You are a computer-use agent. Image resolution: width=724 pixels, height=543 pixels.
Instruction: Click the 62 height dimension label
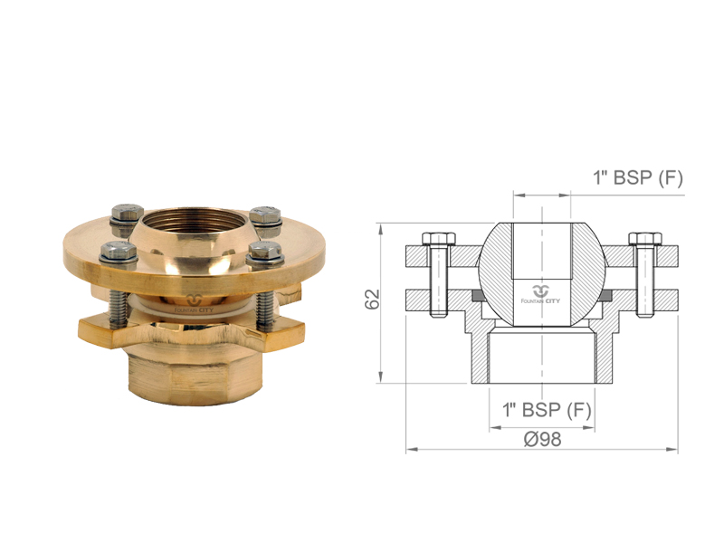[x=372, y=299]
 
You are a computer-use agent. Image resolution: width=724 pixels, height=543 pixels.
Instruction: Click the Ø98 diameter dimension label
[x=542, y=439]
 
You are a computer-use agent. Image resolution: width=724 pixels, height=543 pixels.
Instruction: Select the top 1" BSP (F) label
[x=638, y=177]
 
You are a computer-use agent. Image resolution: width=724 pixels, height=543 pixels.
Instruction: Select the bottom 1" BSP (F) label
[x=547, y=410]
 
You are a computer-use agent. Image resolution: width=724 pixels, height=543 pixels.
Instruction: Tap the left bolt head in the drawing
[x=439, y=239]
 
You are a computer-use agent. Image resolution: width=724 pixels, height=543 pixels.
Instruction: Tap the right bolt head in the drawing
[x=645, y=239]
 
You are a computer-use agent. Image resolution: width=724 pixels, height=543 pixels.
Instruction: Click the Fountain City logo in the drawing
[x=540, y=295]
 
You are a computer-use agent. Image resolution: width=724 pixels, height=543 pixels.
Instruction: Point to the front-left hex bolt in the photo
[x=119, y=255]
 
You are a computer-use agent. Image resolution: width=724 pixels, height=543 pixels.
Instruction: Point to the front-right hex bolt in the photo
[x=263, y=253]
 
